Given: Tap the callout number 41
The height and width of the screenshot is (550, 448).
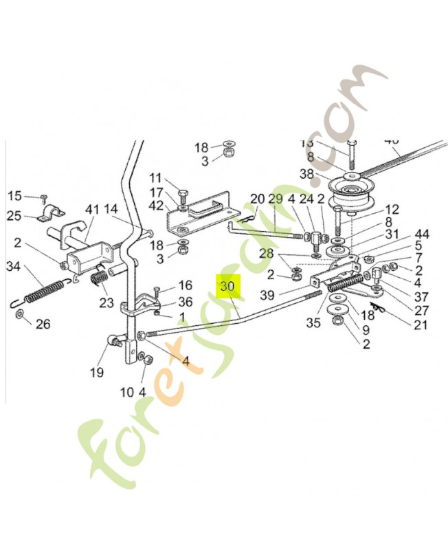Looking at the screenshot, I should (93, 209).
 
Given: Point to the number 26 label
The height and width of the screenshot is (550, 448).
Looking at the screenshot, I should (43, 324).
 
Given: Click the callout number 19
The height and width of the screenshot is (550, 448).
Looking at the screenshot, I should (96, 372).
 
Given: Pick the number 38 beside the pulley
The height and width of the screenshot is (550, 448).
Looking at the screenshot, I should (306, 175).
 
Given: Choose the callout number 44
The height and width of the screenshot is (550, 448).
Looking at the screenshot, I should (422, 234).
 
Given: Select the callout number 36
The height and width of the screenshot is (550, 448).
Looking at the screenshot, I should (166, 301).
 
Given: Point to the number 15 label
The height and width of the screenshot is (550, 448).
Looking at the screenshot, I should (15, 197).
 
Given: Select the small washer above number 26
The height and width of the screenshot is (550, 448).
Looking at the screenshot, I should (20, 314).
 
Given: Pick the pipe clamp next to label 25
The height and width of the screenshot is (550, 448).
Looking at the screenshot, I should (51, 215).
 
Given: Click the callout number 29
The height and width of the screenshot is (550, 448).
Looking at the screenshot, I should (276, 199).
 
